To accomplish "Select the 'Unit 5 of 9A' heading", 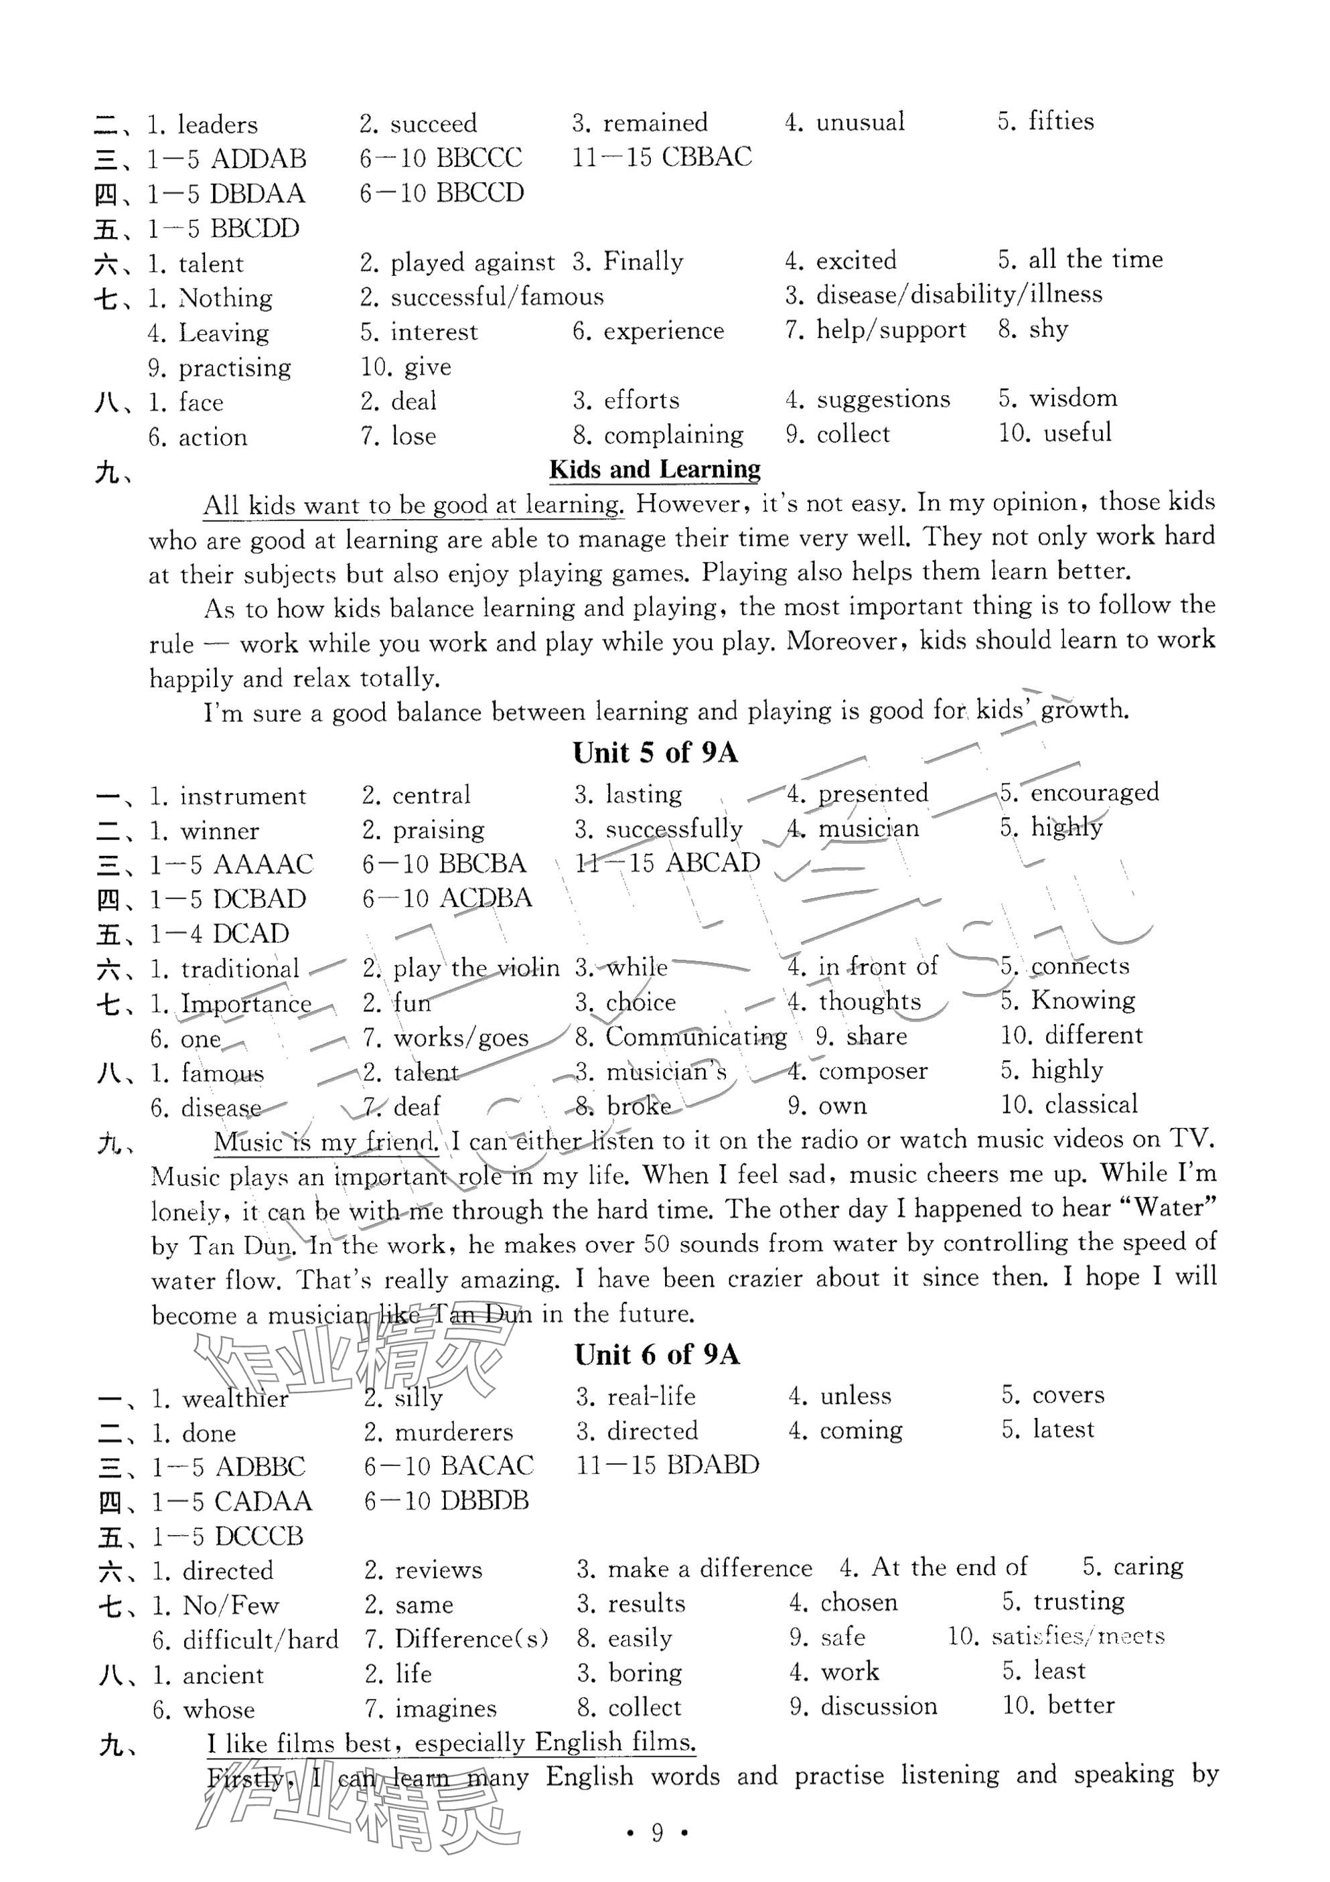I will [x=655, y=753].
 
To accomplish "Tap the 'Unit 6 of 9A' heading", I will [x=656, y=1355].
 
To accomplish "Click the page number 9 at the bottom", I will [x=656, y=1833].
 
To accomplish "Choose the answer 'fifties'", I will [x=1060, y=121].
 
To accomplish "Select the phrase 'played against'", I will [x=472, y=263].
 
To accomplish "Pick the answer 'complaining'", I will [x=673, y=435].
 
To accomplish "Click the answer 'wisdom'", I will [x=1073, y=399].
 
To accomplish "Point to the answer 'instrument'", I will [x=242, y=796].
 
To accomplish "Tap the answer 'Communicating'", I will [x=696, y=1037].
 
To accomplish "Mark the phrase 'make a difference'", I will [x=710, y=1568].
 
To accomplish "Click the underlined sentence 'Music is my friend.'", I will [x=325, y=1142].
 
